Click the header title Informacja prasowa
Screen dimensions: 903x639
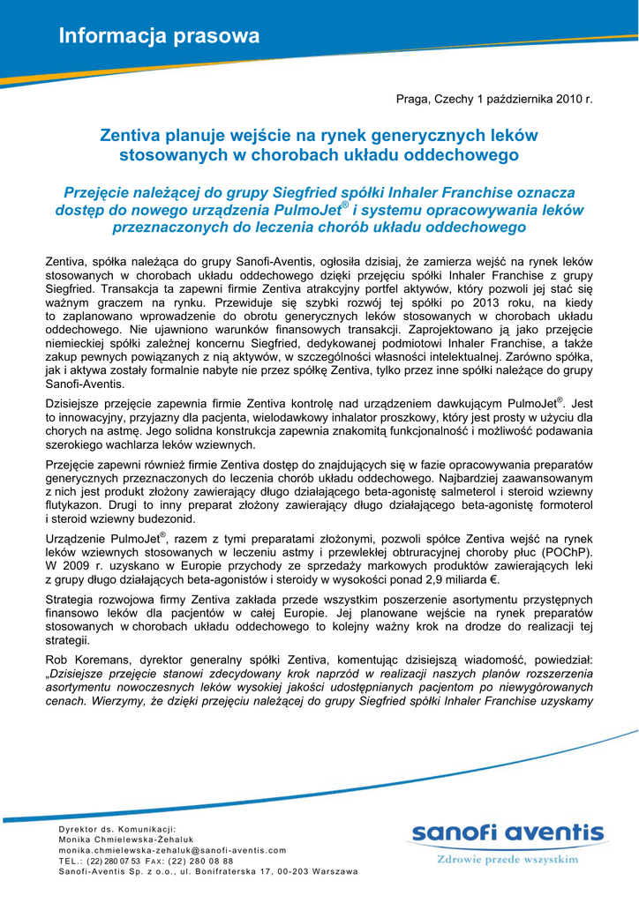point(159,36)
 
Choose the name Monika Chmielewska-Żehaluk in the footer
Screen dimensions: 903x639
point(126,840)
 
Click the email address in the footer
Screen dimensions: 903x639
point(172,850)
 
